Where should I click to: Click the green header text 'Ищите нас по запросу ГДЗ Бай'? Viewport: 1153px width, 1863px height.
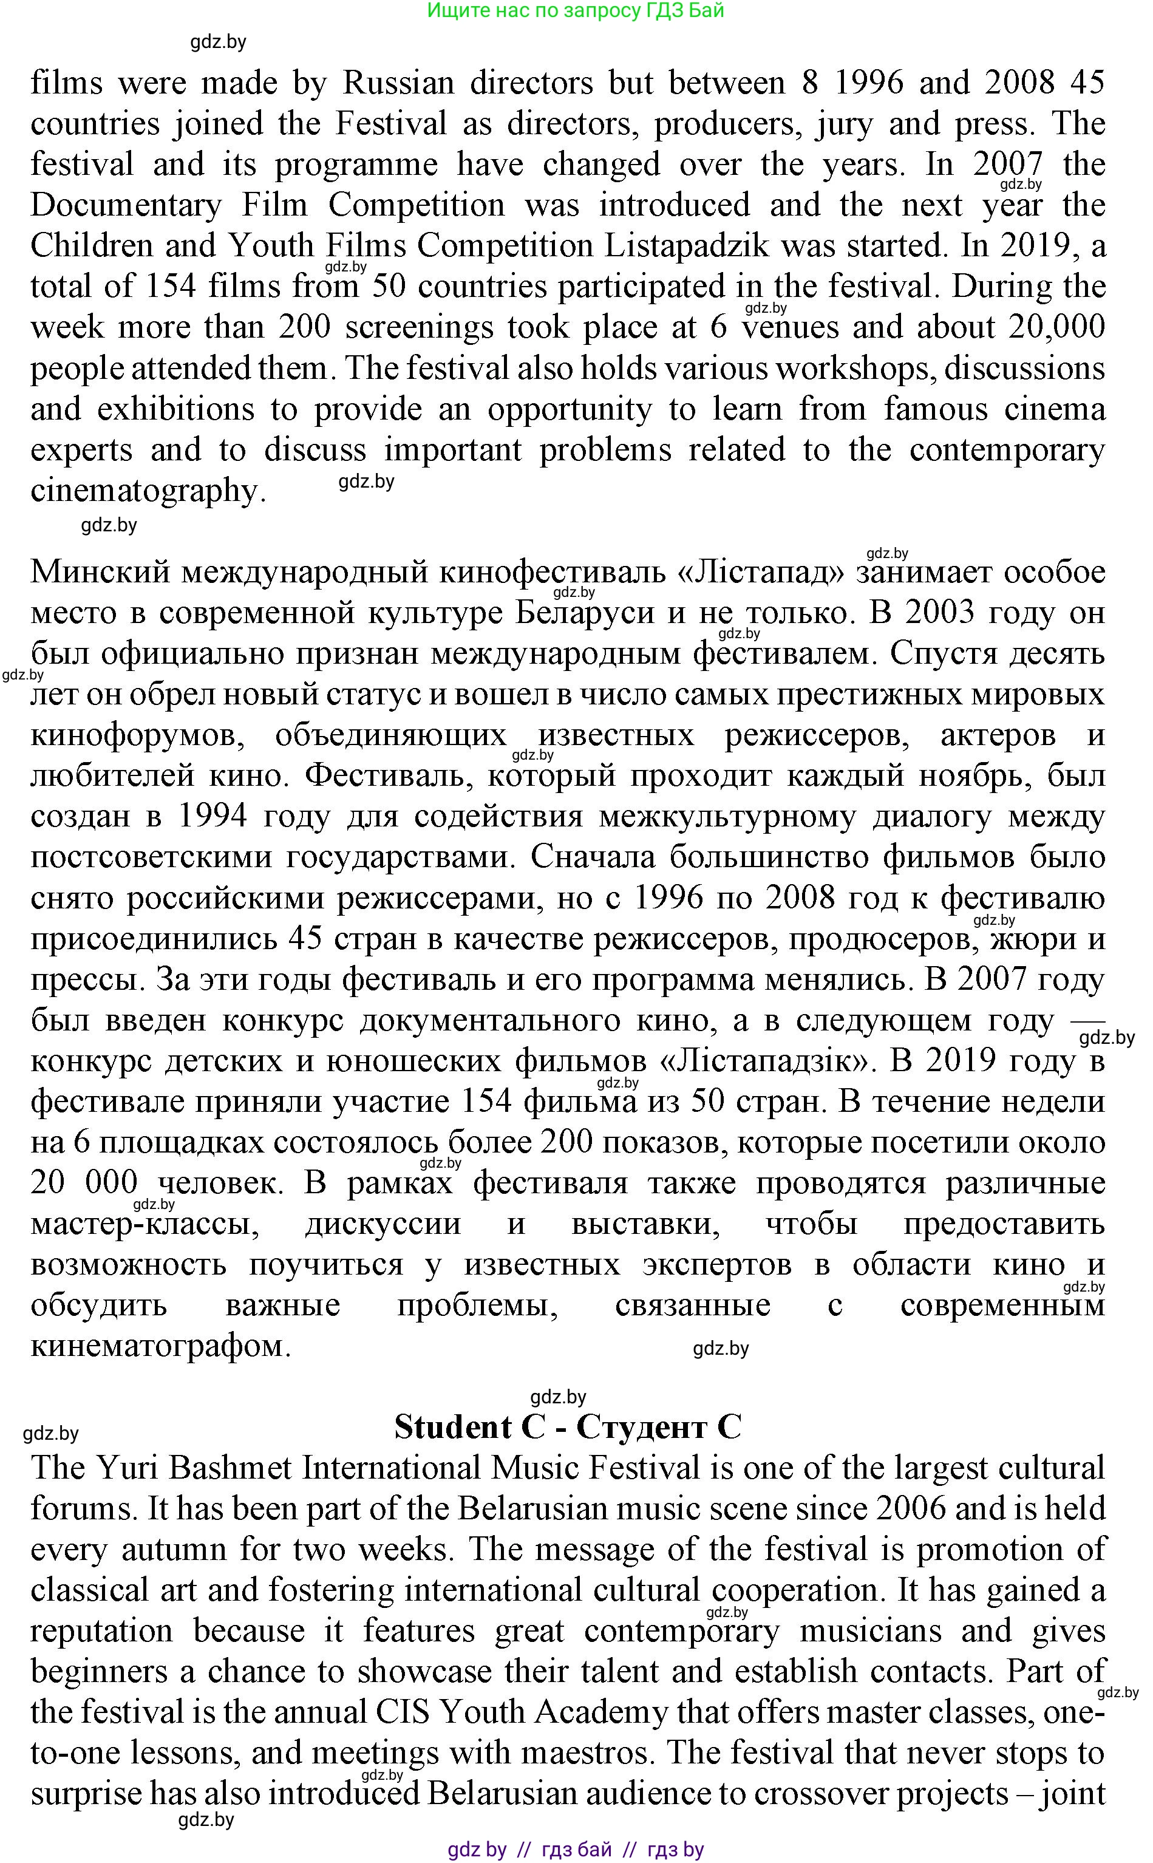click(x=575, y=11)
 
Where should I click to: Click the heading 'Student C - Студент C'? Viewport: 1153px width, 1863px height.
click(x=567, y=1427)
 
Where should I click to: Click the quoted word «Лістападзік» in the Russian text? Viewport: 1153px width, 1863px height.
click(x=770, y=1061)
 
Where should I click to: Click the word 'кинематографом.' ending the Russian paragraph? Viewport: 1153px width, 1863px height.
click(x=160, y=1347)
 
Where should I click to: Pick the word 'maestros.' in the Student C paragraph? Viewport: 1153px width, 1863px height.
click(x=592, y=1754)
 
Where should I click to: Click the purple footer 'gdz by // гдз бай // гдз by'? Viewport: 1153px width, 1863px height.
click(x=575, y=1849)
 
